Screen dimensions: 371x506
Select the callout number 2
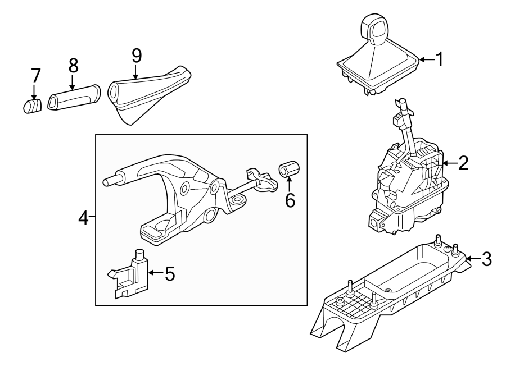click(x=463, y=163)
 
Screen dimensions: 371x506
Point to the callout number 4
click(x=83, y=218)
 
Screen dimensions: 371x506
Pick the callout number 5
click(x=169, y=273)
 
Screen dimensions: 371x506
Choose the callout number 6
click(x=290, y=200)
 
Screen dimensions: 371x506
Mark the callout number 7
click(x=35, y=75)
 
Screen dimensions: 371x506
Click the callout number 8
click(x=73, y=65)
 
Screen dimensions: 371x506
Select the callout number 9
click(x=137, y=55)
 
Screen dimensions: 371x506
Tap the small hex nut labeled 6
click(x=288, y=168)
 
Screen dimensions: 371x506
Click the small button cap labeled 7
click(x=33, y=105)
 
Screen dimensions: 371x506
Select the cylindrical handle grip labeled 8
click(x=73, y=98)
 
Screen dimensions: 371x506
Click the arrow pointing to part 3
click(x=472, y=258)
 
